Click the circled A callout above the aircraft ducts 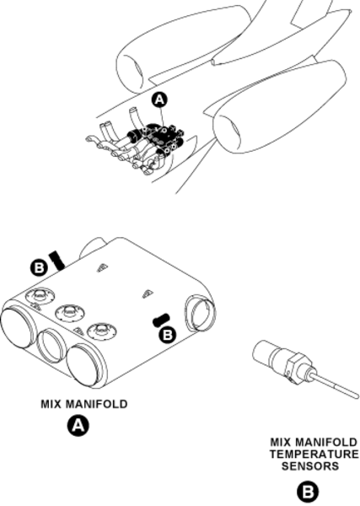pos(159,100)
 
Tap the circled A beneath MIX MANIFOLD pos(78,426)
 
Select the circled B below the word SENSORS pos(307,493)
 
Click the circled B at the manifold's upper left pos(39,268)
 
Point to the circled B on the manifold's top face pos(168,335)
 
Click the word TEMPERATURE pos(314,454)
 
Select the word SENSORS pos(310,466)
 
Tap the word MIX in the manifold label pos(51,404)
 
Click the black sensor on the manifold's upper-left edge pos(57,260)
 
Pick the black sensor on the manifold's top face pos(161,320)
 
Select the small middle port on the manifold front pos(51,344)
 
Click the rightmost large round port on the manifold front pos(84,364)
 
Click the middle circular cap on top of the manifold pos(69,311)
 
